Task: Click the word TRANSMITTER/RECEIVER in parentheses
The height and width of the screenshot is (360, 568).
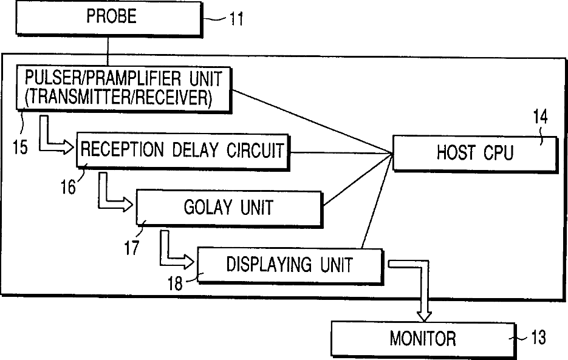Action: tap(116, 98)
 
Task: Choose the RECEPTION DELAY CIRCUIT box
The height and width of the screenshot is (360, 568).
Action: tap(182, 149)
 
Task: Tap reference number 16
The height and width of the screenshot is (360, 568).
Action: tap(70, 186)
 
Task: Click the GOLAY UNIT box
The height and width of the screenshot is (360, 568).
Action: tap(228, 208)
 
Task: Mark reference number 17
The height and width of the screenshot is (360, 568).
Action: tap(132, 246)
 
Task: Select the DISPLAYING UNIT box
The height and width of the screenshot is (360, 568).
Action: tap(290, 265)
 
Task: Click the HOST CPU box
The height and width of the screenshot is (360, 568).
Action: tap(474, 152)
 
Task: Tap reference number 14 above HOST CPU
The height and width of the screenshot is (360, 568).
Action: tap(540, 118)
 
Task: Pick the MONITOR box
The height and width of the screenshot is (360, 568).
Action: tap(422, 338)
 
